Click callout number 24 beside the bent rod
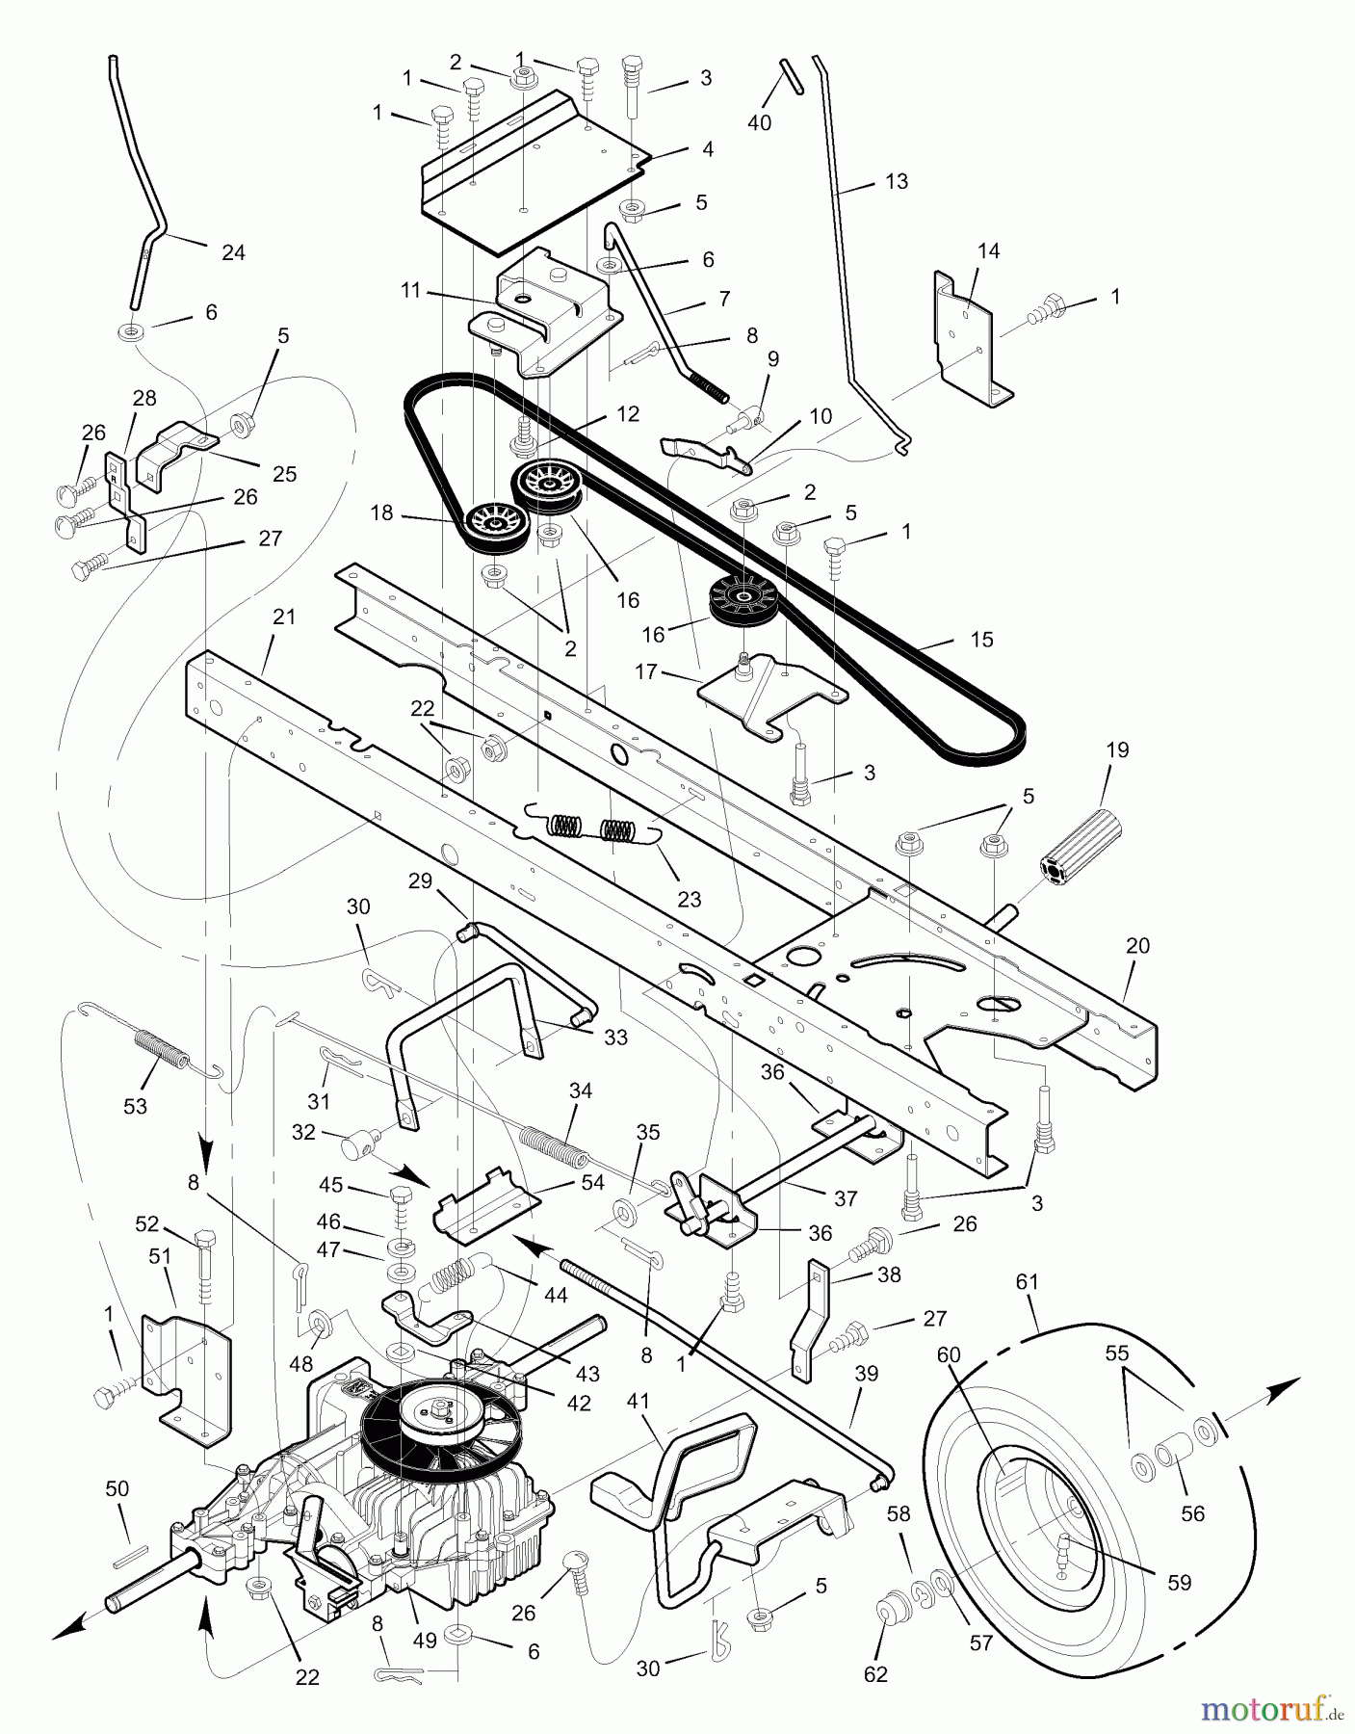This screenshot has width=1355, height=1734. point(233,252)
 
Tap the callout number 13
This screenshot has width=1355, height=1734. point(896,181)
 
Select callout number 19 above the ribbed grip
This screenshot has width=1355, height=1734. point(1117,749)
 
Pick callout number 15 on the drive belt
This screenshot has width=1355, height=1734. point(980,640)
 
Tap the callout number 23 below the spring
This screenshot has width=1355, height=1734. point(689,900)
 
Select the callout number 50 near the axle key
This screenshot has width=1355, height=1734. point(117,1489)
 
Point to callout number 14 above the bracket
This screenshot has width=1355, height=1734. point(988,250)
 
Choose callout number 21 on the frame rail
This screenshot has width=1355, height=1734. point(284,617)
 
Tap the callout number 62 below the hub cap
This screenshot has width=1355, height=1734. point(875,1674)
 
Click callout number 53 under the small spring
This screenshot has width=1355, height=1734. point(135,1106)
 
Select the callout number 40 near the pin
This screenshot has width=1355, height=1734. point(759,123)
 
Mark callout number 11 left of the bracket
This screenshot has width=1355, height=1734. point(411,290)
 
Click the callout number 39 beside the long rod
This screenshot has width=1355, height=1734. point(866,1374)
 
